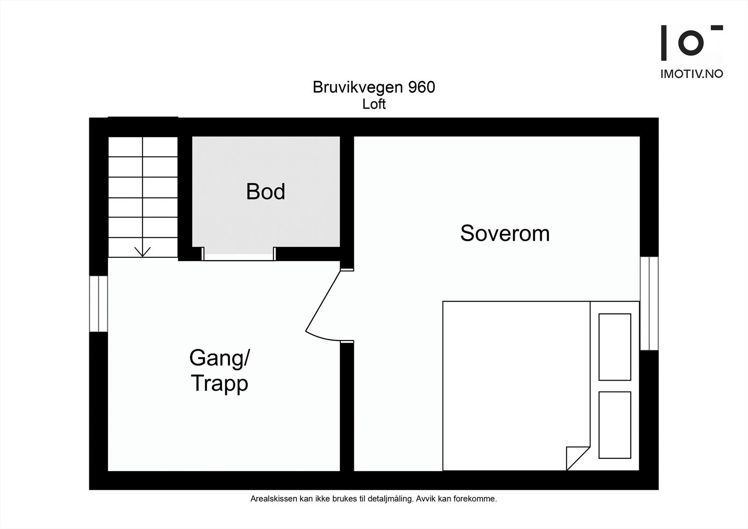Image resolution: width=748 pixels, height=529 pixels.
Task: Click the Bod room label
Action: click(266, 192)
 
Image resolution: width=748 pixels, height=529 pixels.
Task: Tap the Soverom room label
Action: click(504, 233)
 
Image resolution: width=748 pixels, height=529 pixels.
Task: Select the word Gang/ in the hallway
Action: click(220, 358)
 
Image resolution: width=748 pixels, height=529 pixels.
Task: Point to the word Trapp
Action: click(219, 384)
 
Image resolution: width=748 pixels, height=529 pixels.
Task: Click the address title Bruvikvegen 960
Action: click(374, 87)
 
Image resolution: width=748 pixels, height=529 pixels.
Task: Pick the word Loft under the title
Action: click(374, 104)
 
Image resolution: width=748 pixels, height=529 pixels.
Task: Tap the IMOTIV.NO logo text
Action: click(691, 74)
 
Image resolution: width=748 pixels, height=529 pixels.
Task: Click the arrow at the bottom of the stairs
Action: click(143, 251)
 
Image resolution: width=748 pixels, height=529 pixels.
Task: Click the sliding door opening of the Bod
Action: click(238, 255)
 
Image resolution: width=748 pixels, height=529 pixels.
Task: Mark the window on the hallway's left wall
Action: click(99, 304)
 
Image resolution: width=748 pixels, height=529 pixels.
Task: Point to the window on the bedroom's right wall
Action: click(649, 303)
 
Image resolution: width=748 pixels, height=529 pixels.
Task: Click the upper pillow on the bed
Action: click(615, 347)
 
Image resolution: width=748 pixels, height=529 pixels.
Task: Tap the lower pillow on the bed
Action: click(615, 425)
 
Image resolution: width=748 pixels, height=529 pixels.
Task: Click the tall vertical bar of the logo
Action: click(663, 43)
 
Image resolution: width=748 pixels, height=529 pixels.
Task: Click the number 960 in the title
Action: click(422, 87)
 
